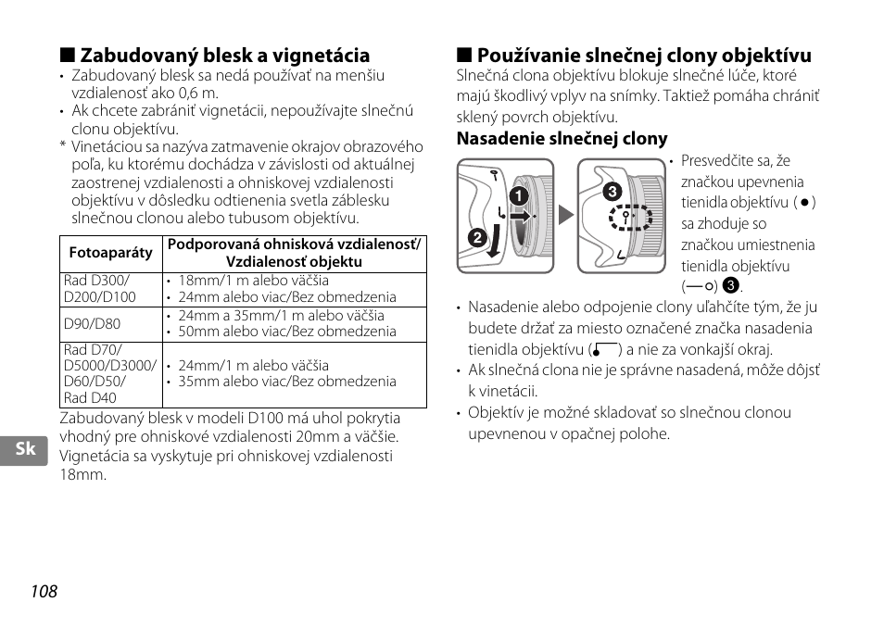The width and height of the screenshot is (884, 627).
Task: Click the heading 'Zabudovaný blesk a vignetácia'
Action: (225, 56)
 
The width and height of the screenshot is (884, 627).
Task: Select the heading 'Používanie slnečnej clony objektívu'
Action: (644, 56)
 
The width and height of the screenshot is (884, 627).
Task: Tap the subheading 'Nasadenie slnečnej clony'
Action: (562, 139)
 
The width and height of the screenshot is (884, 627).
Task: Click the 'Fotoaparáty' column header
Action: (111, 253)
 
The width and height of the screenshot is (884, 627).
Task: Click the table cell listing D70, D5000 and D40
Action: (109, 374)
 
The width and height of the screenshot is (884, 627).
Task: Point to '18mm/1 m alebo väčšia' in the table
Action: (253, 281)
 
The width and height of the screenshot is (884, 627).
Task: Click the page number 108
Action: (43, 592)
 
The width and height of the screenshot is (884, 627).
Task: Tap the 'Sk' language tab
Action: (26, 449)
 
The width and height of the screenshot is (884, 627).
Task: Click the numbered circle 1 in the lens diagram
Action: (518, 196)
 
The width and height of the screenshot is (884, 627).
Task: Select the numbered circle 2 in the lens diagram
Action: (478, 238)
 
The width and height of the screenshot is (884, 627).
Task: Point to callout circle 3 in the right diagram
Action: (611, 193)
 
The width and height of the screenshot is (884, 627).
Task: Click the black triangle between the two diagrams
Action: (565, 217)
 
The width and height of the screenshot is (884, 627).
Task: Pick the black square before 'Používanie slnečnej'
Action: (462, 56)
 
